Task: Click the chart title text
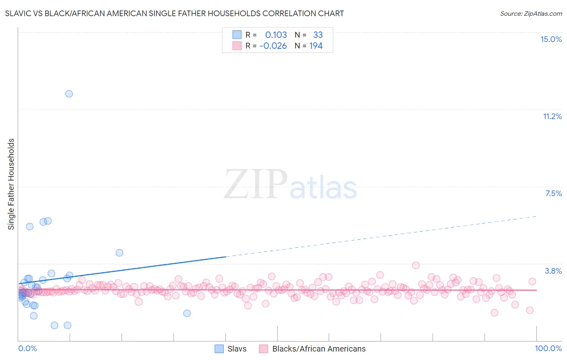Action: point(174,13)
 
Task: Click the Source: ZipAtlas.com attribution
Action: point(531,14)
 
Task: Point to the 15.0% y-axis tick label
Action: point(551,39)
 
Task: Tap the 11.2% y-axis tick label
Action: point(552,116)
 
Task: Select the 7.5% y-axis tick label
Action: point(553,193)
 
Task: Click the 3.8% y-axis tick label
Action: point(553,271)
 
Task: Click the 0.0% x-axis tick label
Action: point(27,348)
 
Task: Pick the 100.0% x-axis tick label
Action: point(548,348)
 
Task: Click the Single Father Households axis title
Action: point(11,184)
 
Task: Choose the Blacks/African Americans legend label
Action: point(319,349)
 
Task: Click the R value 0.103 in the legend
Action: point(276,35)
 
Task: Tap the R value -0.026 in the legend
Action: point(273,46)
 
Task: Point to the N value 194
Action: point(316,46)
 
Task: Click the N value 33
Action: point(318,35)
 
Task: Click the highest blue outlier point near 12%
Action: point(69,94)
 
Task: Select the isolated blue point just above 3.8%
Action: point(119,253)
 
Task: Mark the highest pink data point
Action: point(416,265)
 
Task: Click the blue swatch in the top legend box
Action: point(237,35)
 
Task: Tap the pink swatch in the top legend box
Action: point(237,46)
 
